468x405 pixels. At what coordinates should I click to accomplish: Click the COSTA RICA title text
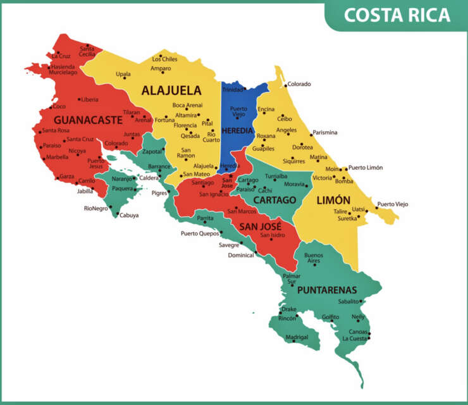397,15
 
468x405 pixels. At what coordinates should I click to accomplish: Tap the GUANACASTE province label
87,119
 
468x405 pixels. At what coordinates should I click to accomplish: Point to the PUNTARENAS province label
327,290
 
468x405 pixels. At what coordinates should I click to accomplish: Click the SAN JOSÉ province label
260,226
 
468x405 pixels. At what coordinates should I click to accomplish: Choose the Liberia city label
89,99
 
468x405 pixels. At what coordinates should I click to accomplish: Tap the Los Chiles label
164,59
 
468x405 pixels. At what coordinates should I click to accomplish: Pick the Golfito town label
330,316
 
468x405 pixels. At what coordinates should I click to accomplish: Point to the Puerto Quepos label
199,233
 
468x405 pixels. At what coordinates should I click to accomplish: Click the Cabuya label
128,215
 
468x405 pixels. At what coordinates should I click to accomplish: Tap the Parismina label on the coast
324,133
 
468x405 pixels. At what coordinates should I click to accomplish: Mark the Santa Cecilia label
87,51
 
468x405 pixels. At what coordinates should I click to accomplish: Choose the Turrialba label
276,176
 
